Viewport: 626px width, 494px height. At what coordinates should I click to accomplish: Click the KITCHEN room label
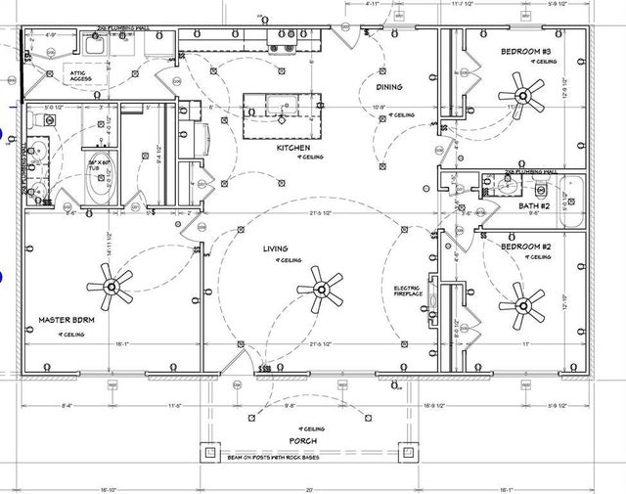293,148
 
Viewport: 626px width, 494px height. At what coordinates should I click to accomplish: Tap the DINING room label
389,87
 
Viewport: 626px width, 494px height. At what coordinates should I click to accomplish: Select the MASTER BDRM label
66,320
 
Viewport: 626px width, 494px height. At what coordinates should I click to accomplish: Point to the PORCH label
303,440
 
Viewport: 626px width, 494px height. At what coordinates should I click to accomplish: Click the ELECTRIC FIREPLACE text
408,291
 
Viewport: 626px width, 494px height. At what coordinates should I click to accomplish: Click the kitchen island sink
284,104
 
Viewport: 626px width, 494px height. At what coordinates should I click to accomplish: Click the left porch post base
208,453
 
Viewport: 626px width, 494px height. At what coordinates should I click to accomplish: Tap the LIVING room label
275,249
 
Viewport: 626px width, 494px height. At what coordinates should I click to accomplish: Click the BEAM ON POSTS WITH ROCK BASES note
303,457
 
